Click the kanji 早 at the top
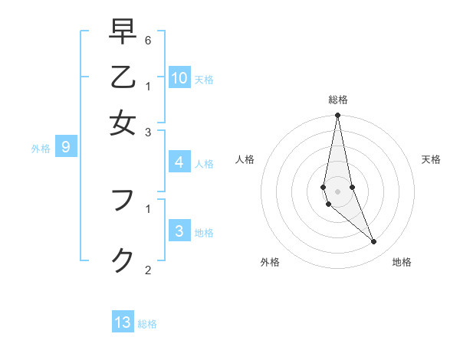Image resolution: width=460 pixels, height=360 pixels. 123,33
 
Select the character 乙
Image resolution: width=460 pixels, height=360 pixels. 123,77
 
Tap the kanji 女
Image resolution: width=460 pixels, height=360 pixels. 123,123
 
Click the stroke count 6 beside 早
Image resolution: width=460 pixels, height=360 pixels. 148,39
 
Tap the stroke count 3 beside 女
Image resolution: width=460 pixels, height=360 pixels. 148,132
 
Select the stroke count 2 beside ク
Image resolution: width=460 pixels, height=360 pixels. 148,270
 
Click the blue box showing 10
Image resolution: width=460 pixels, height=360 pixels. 179,77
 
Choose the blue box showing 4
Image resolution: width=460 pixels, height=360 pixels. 179,162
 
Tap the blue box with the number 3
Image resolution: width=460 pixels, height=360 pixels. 179,231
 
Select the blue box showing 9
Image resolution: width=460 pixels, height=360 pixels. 66,147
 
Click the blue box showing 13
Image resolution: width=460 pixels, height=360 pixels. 123,322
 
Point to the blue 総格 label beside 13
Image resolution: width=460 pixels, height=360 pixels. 147,324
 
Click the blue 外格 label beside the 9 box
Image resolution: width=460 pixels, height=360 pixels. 41,149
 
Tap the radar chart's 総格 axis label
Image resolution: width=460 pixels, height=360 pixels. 337,100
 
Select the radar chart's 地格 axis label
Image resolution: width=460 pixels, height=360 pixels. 402,262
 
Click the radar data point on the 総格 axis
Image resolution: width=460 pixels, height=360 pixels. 337,116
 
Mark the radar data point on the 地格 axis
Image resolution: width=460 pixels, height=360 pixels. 374,242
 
